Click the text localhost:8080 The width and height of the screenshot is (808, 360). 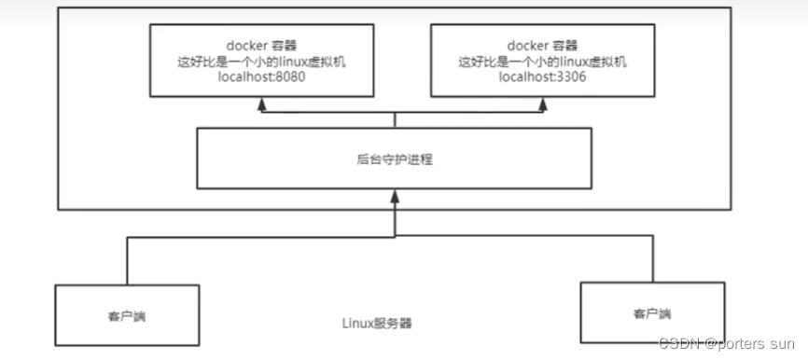pyautogui.click(x=261, y=77)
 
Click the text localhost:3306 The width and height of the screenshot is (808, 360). pyautogui.click(x=543, y=77)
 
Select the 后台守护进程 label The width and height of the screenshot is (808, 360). pyautogui.click(x=394, y=159)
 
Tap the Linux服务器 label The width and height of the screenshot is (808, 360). pyautogui.click(x=377, y=323)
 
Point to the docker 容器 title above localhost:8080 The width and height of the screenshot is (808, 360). pyautogui.click(x=261, y=45)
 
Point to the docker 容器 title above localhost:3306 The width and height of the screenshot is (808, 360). pyautogui.click(x=543, y=45)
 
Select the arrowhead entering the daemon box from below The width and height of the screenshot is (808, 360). pyautogui.click(x=395, y=196)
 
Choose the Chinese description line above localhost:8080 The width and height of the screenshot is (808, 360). pyautogui.click(x=261, y=62)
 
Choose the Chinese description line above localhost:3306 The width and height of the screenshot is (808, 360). pyautogui.click(x=543, y=62)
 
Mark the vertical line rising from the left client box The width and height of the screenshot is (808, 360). pyautogui.click(x=128, y=260)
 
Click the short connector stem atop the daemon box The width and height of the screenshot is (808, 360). pyautogui.click(x=395, y=120)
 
